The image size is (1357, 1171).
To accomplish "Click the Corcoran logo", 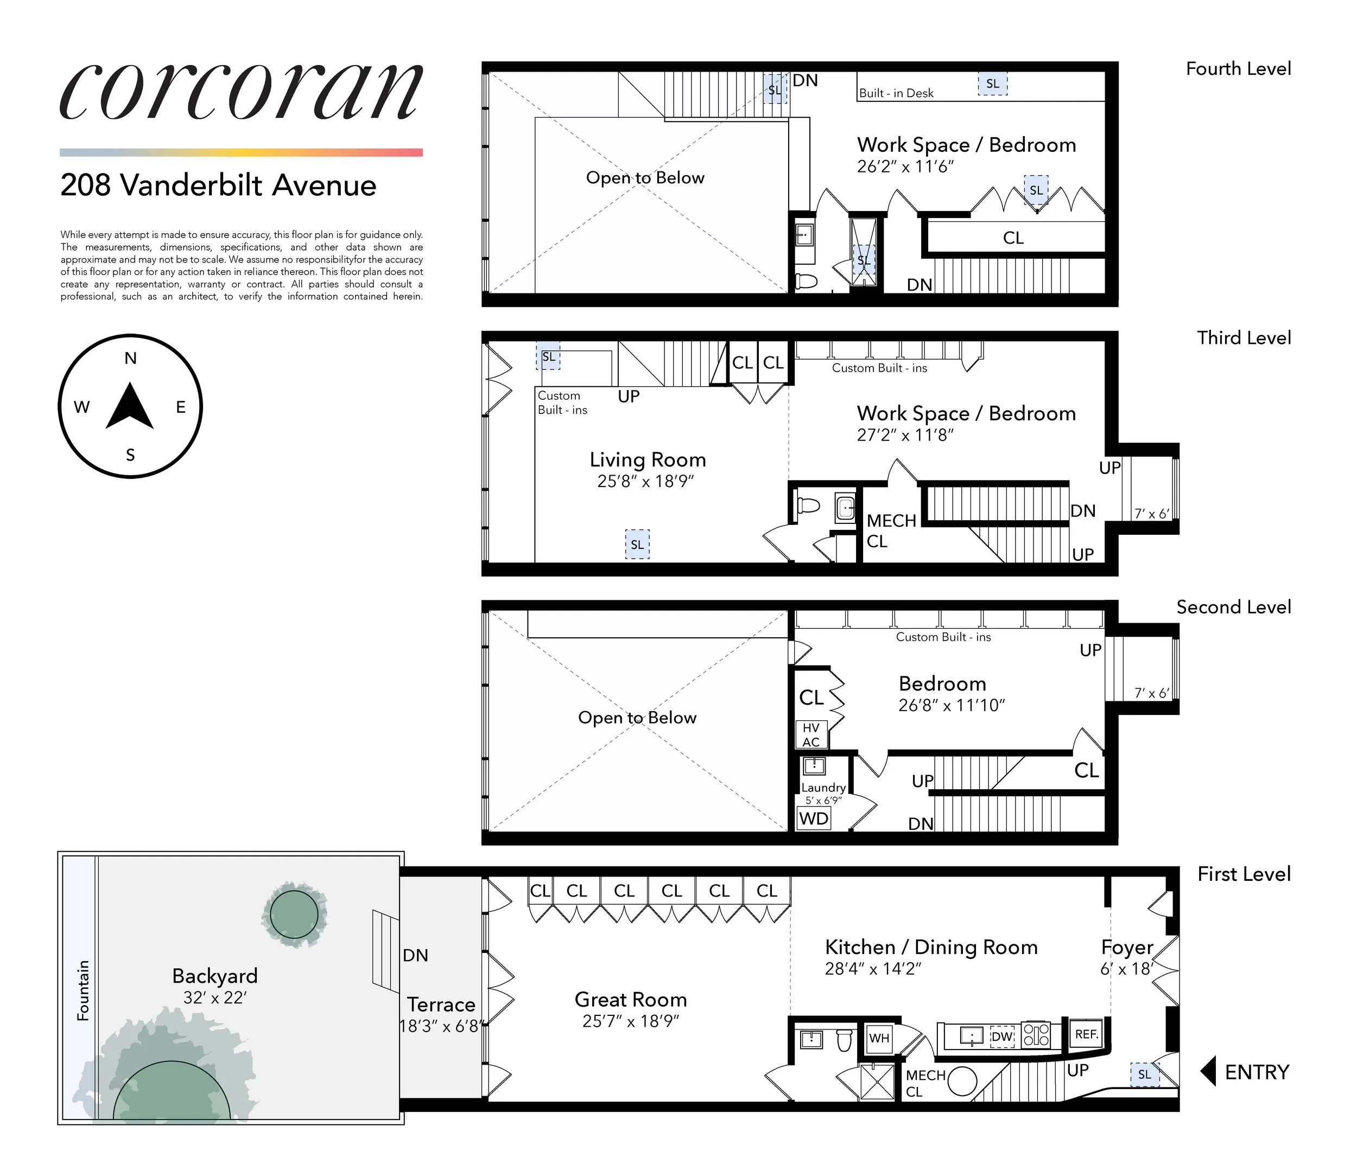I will pyautogui.click(x=241, y=92).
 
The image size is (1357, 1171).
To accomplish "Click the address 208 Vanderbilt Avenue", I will pyautogui.click(x=218, y=185).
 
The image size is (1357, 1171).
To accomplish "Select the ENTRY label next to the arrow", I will pyautogui.click(x=1256, y=1072).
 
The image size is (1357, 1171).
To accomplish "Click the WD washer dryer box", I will pyautogui.click(x=814, y=818).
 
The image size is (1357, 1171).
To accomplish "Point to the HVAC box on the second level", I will pyautogui.click(x=811, y=734).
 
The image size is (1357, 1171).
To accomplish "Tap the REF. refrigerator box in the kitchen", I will pyautogui.click(x=1086, y=1034).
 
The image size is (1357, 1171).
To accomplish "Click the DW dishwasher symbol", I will pyautogui.click(x=1001, y=1037).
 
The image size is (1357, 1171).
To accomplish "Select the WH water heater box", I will pyautogui.click(x=879, y=1038).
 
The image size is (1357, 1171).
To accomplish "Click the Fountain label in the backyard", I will pyautogui.click(x=83, y=990).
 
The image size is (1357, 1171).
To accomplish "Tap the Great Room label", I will pyautogui.click(x=631, y=1000).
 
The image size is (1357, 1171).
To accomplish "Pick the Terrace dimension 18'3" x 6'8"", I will pyautogui.click(x=441, y=1026).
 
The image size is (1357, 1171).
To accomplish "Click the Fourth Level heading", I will pyautogui.click(x=1238, y=69).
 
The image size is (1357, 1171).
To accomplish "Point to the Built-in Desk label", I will pyautogui.click(x=896, y=93).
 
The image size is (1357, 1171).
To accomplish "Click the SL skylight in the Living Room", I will pyautogui.click(x=637, y=544).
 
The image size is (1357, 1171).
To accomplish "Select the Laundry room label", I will pyautogui.click(x=823, y=788).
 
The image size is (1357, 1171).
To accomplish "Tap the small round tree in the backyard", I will pyautogui.click(x=294, y=914).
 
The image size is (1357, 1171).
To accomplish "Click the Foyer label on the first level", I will pyautogui.click(x=1126, y=947).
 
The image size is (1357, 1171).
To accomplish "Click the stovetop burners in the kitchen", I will pyautogui.click(x=1037, y=1034).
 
